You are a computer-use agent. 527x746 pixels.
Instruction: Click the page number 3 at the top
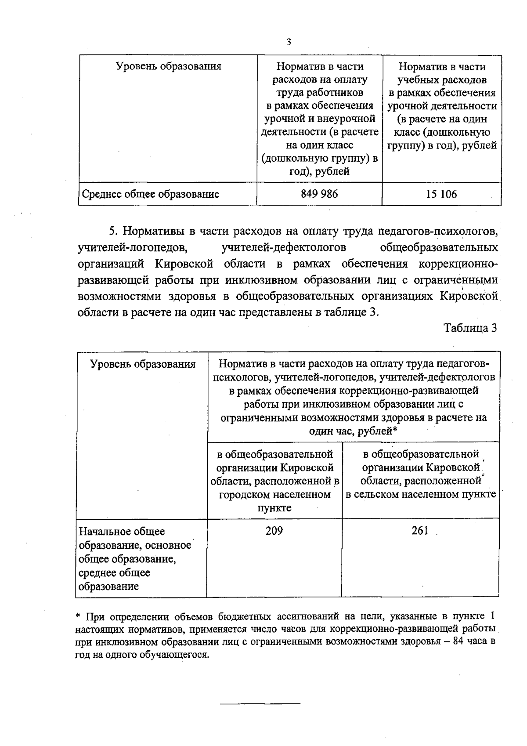289,42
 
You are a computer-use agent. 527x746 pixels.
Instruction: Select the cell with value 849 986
319,194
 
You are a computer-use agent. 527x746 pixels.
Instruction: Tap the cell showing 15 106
441,194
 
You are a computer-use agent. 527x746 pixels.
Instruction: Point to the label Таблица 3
470,328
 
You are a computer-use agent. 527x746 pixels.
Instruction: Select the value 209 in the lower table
274,531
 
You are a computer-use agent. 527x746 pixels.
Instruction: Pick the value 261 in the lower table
420,531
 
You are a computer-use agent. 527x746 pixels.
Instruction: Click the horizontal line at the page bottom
260,704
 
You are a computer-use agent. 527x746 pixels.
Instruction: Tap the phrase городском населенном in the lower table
274,495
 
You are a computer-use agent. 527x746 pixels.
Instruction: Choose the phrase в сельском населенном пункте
421,494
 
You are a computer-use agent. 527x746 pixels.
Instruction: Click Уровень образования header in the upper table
168,66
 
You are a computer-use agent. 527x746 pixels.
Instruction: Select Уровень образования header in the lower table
142,364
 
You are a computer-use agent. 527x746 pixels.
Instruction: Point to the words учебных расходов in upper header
442,80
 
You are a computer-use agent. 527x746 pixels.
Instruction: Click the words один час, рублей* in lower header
353,431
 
